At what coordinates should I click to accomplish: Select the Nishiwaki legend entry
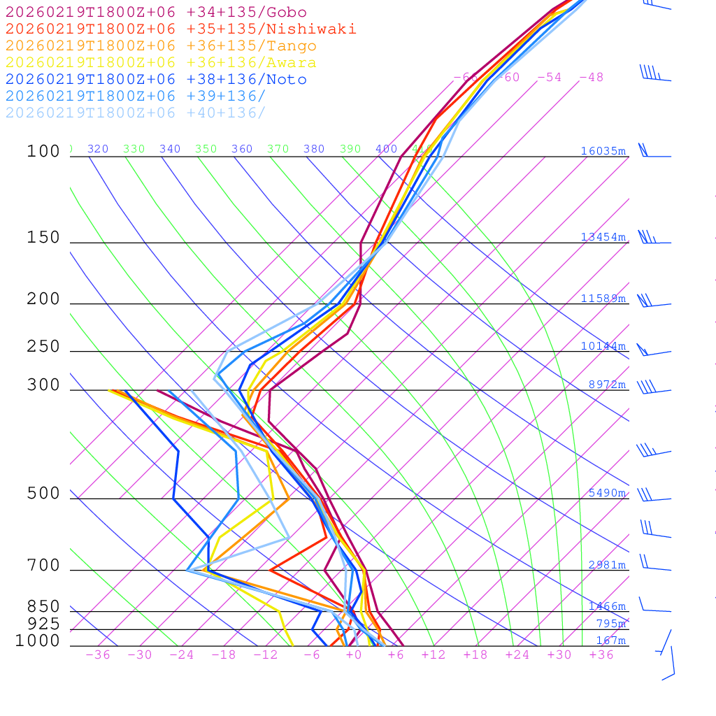(180, 29)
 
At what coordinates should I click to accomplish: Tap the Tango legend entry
(161, 46)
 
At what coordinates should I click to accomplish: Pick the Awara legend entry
(161, 63)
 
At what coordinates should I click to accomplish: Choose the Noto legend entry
(156, 80)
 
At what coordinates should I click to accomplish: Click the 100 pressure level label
(43, 151)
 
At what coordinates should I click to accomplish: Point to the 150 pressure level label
(43, 238)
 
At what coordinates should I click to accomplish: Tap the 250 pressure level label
(43, 347)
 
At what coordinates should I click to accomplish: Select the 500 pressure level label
(43, 494)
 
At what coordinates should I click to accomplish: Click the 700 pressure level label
(43, 566)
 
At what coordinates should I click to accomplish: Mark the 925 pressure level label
(43, 624)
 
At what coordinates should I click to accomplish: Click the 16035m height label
(603, 151)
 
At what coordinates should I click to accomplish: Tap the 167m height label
(611, 640)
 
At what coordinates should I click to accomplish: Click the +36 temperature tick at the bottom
(601, 655)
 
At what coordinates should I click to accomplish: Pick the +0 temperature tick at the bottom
(354, 655)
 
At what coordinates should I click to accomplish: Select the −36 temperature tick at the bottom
(98, 655)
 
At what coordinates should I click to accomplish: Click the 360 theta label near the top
(242, 149)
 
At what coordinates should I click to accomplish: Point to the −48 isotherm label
(592, 78)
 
